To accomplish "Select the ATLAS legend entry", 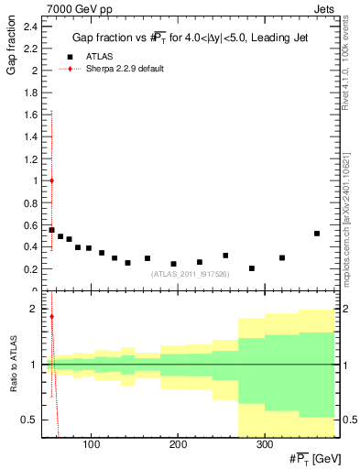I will click(100, 56).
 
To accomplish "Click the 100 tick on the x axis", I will click(91, 445).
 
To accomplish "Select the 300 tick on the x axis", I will click(264, 445).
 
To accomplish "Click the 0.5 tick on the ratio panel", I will click(30, 420).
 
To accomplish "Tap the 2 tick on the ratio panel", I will click(35, 309).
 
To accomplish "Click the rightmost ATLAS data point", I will click(317, 234).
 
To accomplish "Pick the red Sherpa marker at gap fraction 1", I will click(51, 180).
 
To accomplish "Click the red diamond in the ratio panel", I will click(51, 317).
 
